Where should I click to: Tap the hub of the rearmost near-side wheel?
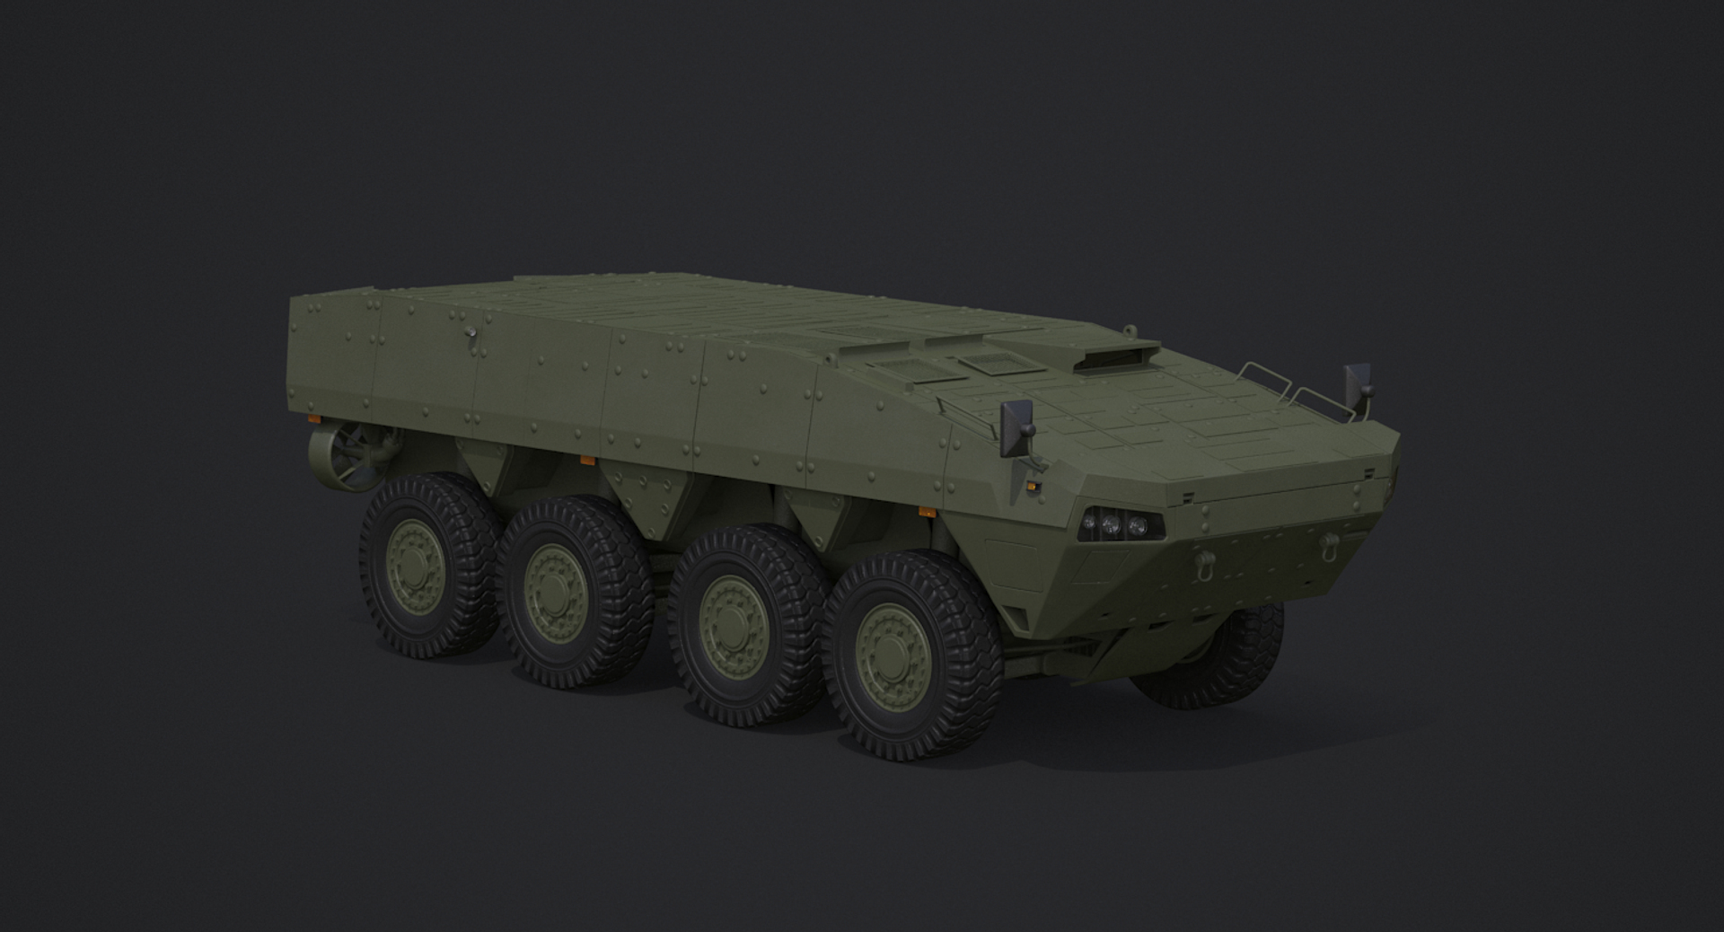click(412, 563)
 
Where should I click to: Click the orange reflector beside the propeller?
click(313, 419)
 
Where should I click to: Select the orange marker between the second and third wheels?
click(587, 461)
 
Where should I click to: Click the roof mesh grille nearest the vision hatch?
click(981, 364)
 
